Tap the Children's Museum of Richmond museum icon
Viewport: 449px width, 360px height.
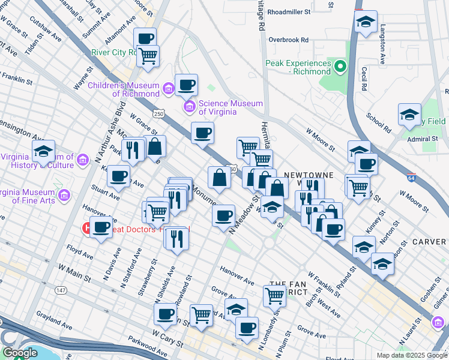tap(169, 90)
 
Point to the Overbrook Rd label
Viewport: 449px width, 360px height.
tap(288, 40)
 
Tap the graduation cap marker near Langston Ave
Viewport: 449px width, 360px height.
tap(366, 23)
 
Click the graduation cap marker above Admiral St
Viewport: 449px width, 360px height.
tap(410, 115)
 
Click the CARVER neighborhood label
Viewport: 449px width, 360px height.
tap(430, 242)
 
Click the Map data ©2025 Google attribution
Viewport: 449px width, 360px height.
tap(411, 355)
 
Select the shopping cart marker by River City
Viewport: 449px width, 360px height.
tap(148, 56)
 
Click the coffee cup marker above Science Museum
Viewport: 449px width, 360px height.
tap(187, 85)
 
